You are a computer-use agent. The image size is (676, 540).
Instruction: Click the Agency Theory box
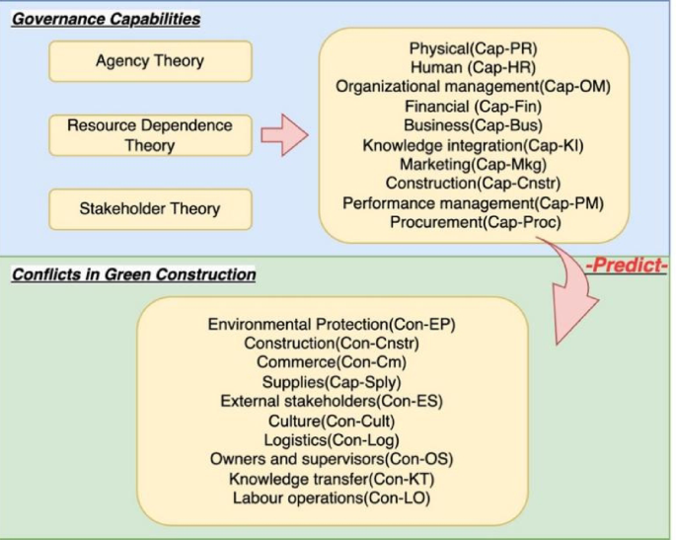pyautogui.click(x=150, y=61)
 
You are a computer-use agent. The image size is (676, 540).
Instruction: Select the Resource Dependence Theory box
pyautogui.click(x=150, y=135)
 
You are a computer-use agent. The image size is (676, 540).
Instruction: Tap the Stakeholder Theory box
pyautogui.click(x=150, y=209)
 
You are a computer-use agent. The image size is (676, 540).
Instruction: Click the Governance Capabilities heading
pyautogui.click(x=106, y=19)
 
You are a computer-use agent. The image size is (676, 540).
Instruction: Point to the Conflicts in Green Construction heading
pyautogui.click(x=133, y=274)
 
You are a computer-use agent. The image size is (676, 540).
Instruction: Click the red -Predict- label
pyautogui.click(x=627, y=267)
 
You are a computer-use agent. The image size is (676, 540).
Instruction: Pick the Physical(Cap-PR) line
pyautogui.click(x=473, y=48)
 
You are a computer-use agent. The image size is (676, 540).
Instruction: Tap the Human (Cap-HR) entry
pyautogui.click(x=473, y=67)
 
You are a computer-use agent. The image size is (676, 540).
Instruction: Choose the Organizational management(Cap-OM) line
pyautogui.click(x=473, y=87)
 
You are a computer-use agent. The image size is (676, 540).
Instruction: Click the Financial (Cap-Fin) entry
pyautogui.click(x=473, y=107)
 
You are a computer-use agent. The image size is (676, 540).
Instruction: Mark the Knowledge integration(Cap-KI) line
pyautogui.click(x=473, y=145)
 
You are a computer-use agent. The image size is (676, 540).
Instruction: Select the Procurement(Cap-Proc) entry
pyautogui.click(x=473, y=223)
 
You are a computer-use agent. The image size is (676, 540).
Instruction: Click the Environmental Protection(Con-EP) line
pyautogui.click(x=332, y=325)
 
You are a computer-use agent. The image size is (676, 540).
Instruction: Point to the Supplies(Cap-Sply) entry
pyautogui.click(x=332, y=382)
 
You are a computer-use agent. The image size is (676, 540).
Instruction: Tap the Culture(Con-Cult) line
pyautogui.click(x=332, y=421)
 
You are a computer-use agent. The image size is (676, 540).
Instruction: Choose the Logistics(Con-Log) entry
pyautogui.click(x=332, y=440)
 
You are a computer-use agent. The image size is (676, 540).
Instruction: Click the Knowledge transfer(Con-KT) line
pyautogui.click(x=332, y=479)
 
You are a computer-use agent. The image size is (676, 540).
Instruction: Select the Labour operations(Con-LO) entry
pyautogui.click(x=332, y=499)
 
